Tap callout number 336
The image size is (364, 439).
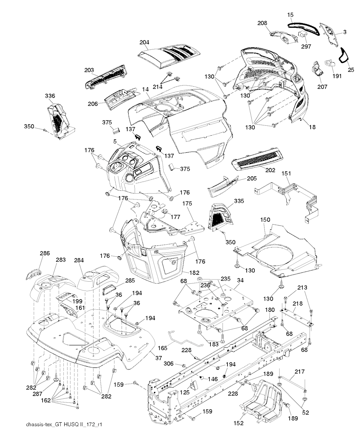pos(50,96)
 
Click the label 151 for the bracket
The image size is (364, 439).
pos(286,173)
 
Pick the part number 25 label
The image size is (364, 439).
pos(351,70)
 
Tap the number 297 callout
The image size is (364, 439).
pos(306,46)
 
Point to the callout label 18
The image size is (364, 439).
pos(313,127)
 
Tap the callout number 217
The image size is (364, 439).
pos(300,372)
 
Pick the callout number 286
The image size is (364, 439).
pos(45,254)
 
